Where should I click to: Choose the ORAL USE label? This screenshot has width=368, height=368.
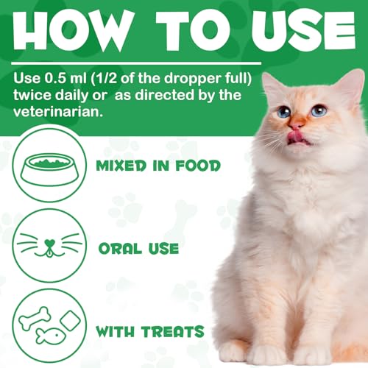(138, 248)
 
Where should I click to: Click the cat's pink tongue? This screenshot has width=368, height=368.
(295, 135)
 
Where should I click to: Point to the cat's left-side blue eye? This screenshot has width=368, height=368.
(283, 112)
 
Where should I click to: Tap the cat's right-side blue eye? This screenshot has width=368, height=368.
(318, 110)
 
